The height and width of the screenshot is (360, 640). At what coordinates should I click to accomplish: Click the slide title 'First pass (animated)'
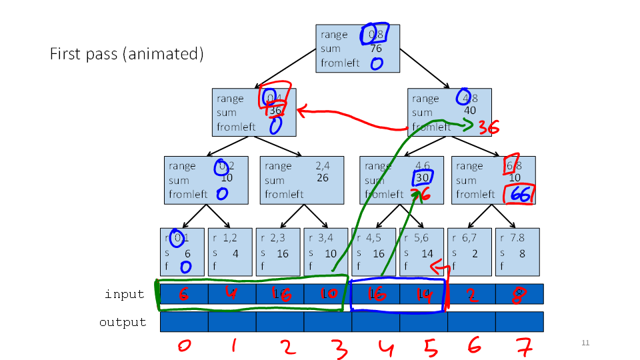pyautogui.click(x=127, y=54)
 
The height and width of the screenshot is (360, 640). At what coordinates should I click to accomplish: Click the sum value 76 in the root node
pyautogui.click(x=375, y=48)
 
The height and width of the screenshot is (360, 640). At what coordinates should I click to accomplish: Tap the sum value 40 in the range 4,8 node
pyautogui.click(x=470, y=111)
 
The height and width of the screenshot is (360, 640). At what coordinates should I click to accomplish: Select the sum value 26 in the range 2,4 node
pyautogui.click(x=323, y=178)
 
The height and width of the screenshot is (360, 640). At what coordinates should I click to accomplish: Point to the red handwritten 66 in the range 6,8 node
pyautogui.click(x=520, y=194)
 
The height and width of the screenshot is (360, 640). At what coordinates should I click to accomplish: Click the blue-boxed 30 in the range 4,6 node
pyautogui.click(x=422, y=178)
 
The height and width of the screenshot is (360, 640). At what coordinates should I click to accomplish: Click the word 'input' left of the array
pyautogui.click(x=125, y=294)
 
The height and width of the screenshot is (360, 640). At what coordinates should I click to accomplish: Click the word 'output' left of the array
pyautogui.click(x=123, y=322)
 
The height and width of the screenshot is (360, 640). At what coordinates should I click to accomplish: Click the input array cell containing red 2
pyautogui.click(x=471, y=294)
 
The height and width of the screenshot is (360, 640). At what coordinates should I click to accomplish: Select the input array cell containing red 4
pyautogui.click(x=232, y=294)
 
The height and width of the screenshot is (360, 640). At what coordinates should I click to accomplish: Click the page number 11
pyautogui.click(x=585, y=343)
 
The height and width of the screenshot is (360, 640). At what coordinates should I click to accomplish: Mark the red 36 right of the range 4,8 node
pyautogui.click(x=489, y=128)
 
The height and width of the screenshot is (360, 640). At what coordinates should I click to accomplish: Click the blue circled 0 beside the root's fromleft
pyautogui.click(x=377, y=64)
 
